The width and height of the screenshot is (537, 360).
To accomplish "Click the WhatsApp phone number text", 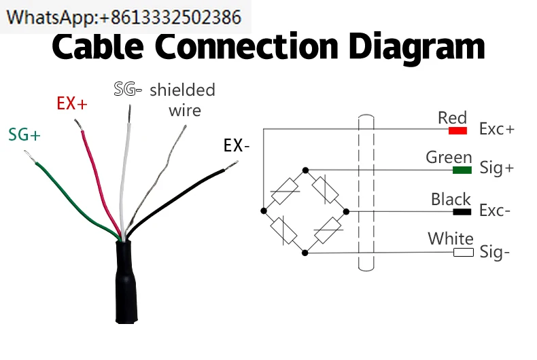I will pos(126,16).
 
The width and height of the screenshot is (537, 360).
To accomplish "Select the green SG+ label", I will pos(24,134).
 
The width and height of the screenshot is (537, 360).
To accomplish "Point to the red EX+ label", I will pos(72,104).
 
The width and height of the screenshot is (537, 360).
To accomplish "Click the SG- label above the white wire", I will pos(128,89).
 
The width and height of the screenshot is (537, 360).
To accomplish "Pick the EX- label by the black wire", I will pos(237,145).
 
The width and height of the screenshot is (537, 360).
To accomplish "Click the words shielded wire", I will pos(182,99).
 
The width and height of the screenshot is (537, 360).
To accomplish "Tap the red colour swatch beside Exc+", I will pos(457,130).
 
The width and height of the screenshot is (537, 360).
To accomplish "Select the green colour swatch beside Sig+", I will pos(462,169).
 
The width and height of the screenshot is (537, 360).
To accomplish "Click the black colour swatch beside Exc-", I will pos(462,211).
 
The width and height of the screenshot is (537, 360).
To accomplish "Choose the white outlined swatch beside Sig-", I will pos(463,253).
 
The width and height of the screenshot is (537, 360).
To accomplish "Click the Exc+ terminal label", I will pos(497,129).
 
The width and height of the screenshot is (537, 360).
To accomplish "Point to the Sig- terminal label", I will pos(495,252).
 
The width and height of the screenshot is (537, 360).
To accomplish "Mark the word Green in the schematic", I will pos(449,157).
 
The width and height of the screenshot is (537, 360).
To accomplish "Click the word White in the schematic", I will pos(451,239).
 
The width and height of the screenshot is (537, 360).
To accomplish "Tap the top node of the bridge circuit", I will pos(305,169).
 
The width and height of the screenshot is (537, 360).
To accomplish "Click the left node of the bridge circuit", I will pos(263,211).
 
